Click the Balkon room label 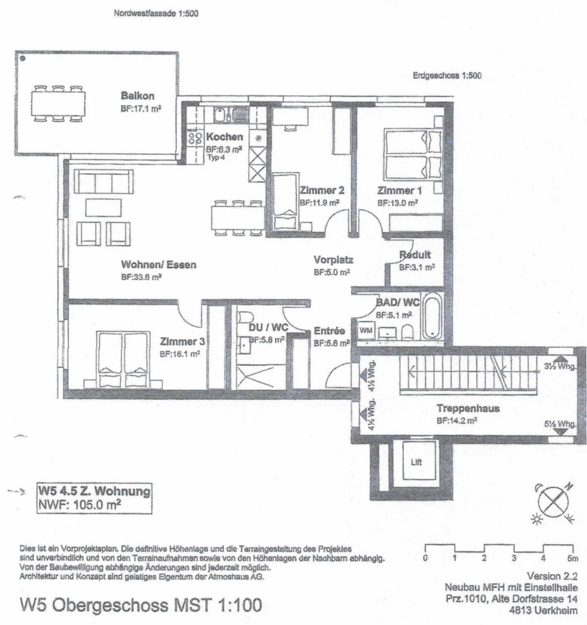click(137, 96)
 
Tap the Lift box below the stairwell click(416, 462)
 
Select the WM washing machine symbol click(366, 330)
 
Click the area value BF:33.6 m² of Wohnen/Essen click(141, 277)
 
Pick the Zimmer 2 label click(322, 190)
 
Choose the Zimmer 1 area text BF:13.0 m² click(397, 202)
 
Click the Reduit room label click(415, 255)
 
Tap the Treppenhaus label click(468, 408)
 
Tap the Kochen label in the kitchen click(224, 137)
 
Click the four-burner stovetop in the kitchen click(196, 137)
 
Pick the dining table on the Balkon click(58, 103)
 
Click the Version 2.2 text click(552, 576)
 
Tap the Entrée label click(329, 331)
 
